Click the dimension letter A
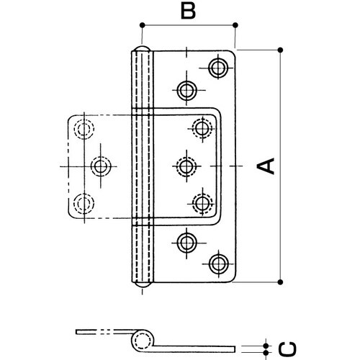coord(266,166)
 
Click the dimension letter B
coord(188,11)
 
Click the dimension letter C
coord(287,349)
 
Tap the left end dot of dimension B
coord(143,24)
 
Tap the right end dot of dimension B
coord(235,24)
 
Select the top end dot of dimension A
coord(280,50)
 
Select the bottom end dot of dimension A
coord(280,282)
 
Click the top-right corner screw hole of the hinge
coord(218,68)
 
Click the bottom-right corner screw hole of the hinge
coord(218,264)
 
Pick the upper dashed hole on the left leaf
coord(84,129)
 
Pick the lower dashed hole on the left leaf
coord(84,204)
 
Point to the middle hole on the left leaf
coord(101,166)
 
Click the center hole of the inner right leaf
coord(186,166)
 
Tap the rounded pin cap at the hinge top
coord(143,48)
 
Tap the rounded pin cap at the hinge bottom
coord(143,284)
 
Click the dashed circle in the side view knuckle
coord(141,341)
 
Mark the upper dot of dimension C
coord(266,346)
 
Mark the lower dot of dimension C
coord(266,353)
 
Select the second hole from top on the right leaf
coord(186,91)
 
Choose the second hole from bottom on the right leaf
coord(186,243)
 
